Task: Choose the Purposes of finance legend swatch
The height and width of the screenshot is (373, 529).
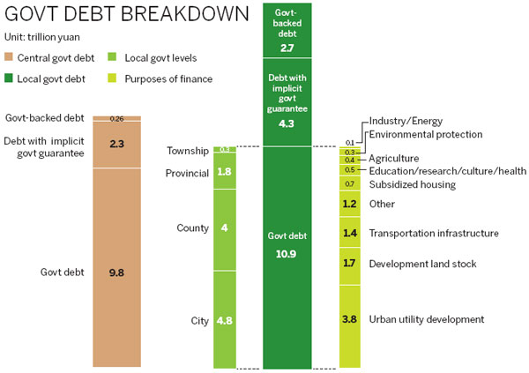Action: (113, 78)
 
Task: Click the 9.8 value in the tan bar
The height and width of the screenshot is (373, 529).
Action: (116, 272)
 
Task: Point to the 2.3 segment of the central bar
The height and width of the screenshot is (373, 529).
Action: (116, 142)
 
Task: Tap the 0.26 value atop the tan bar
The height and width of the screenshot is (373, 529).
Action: (116, 119)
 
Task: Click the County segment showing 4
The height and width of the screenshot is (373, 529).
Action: (225, 228)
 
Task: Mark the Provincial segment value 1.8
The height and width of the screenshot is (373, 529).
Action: (225, 172)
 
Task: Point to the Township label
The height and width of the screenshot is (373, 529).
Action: (189, 151)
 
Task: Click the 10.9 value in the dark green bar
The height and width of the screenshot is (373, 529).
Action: (287, 253)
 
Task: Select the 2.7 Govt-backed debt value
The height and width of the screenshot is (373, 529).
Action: (287, 48)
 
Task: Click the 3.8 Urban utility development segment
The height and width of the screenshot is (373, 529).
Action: (350, 319)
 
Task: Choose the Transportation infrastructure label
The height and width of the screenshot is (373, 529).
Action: (434, 233)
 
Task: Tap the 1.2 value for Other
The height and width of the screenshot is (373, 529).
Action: (350, 204)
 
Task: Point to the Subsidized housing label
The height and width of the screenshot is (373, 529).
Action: (412, 184)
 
